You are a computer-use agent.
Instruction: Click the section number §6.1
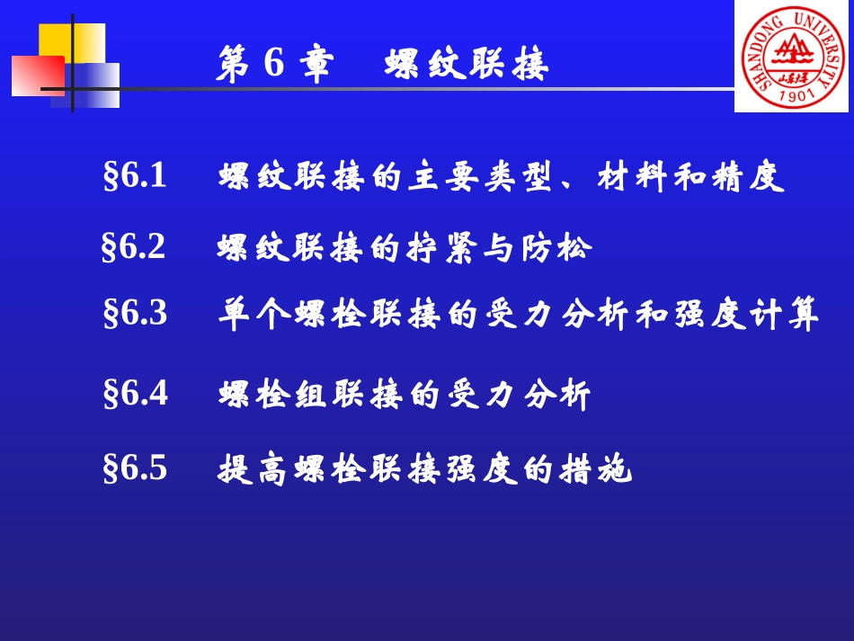click(x=136, y=176)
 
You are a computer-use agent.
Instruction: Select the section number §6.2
click(x=134, y=246)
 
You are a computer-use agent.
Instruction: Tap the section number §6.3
click(x=136, y=313)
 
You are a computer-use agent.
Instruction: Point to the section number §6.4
click(x=136, y=393)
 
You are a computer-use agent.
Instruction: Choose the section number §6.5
click(x=136, y=467)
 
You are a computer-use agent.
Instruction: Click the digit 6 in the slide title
click(x=274, y=64)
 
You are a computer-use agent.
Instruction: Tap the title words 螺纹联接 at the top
click(x=467, y=65)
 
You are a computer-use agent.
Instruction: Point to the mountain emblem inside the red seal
click(x=791, y=49)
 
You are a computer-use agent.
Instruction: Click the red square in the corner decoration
click(x=36, y=76)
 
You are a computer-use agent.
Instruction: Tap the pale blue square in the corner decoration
click(x=94, y=85)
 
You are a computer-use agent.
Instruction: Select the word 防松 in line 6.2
click(x=557, y=247)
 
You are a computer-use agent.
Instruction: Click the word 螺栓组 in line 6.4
click(x=275, y=394)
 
